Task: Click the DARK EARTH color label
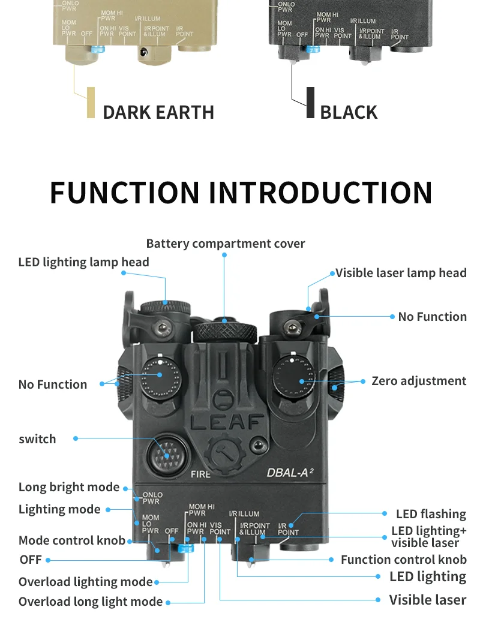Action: point(158,112)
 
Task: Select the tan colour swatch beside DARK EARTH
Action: point(91,103)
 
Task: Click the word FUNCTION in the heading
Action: point(124,193)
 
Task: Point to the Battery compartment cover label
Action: point(226,244)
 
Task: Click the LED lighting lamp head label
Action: point(83,262)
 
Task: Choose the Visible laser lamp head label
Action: point(401,273)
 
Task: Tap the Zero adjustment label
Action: point(419,381)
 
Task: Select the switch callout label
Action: point(37,439)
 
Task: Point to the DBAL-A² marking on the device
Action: point(290,472)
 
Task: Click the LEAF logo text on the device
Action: point(226,422)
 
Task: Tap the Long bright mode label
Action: point(69,487)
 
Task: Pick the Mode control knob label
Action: point(72,540)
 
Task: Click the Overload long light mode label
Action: point(91,602)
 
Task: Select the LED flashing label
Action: point(431,514)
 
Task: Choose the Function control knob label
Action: point(403,560)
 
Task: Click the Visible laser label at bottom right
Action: point(427,599)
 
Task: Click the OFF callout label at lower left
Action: point(31,560)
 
